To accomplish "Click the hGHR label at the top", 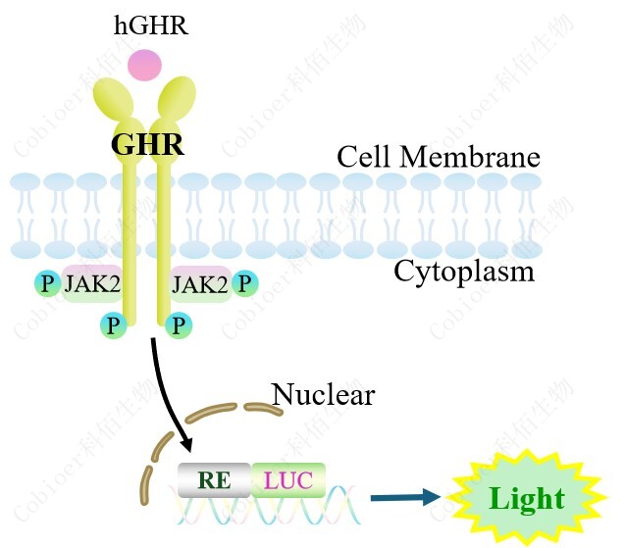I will (151, 25).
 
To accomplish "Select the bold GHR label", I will (147, 145).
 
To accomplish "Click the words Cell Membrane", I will (438, 157).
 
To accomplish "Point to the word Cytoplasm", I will (464, 272).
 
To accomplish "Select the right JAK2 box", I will (200, 284).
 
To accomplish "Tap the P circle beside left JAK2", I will (46, 284).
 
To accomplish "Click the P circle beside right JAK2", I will (244, 284).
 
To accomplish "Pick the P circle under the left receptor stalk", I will (115, 325).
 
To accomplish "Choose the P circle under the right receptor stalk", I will (178, 325).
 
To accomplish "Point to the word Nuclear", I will (323, 395).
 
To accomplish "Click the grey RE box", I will (214, 480).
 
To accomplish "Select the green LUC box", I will (288, 480).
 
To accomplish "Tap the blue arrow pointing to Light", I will (405, 498).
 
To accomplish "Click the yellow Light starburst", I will (528, 498).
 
